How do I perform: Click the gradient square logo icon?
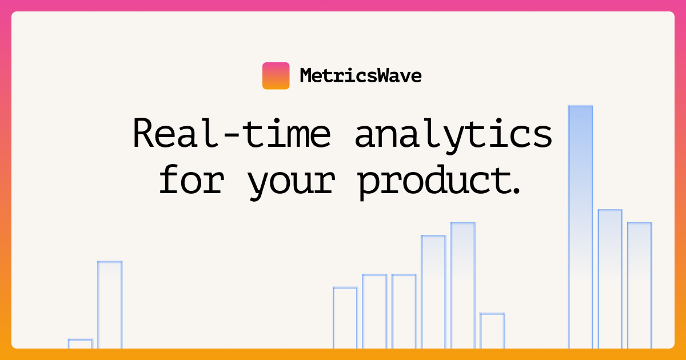(276, 75)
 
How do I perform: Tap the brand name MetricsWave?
(360, 75)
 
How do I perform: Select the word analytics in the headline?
(453, 134)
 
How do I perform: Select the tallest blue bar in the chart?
(580, 226)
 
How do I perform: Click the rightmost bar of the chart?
(639, 285)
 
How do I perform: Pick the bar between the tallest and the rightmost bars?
(610, 278)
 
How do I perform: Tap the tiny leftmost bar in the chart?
(80, 343)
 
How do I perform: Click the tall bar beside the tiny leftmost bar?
(110, 304)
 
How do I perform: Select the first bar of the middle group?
(345, 317)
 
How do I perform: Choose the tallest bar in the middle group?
(463, 285)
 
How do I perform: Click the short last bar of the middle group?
(492, 330)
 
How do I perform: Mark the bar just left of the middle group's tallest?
(433, 291)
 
